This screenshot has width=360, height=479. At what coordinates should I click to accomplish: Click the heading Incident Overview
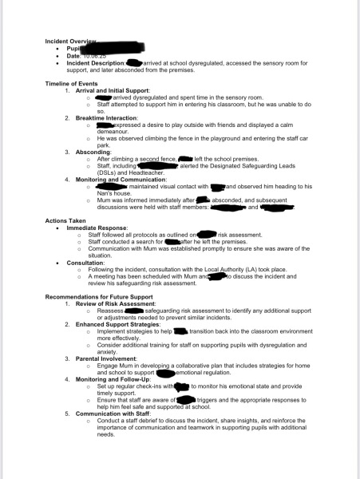point(71,40)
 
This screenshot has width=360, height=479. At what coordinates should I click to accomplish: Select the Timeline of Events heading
point(72,83)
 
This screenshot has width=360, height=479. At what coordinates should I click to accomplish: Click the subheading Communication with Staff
point(113,413)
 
